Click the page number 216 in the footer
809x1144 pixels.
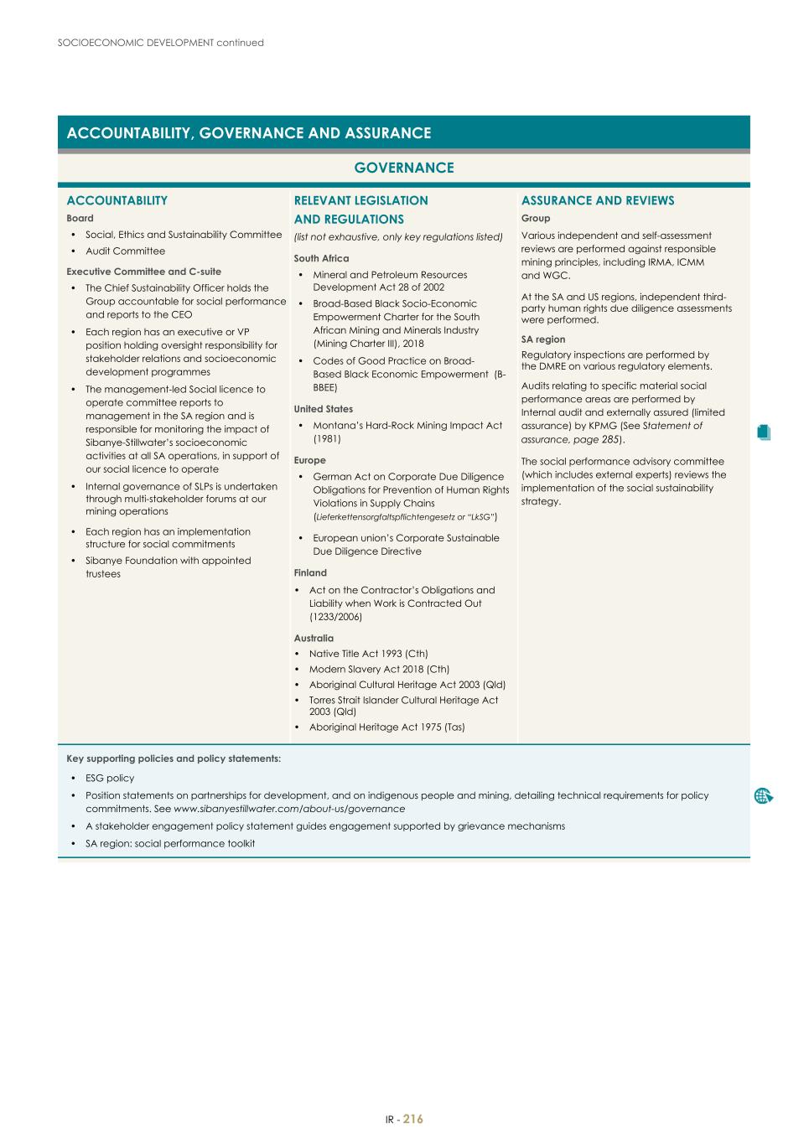pyautogui.click(x=413, y=1119)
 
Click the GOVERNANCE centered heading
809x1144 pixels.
pyautogui.click(x=403, y=168)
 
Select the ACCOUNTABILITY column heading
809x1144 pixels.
pyautogui.click(x=117, y=200)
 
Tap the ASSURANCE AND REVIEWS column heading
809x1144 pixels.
pyautogui.click(x=597, y=200)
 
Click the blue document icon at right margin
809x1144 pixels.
pyautogui.click(x=762, y=432)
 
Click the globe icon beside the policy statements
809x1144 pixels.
pyautogui.click(x=763, y=796)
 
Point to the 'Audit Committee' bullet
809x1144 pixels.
pyautogui.click(x=125, y=251)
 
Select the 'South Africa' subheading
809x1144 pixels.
pyautogui.click(x=321, y=259)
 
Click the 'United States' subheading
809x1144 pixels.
pyautogui.click(x=323, y=409)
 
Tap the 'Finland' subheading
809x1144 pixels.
pyautogui.click(x=310, y=573)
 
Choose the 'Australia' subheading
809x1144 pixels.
pyautogui.click(x=314, y=639)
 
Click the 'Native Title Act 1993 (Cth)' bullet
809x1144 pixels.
pyautogui.click(x=368, y=654)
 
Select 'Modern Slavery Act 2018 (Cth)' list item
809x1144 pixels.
pyautogui.click(x=379, y=670)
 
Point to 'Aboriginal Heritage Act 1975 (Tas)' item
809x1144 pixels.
pyautogui.click(x=386, y=727)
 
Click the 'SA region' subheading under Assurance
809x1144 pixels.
pyautogui.click(x=543, y=339)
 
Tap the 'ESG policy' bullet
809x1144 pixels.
pyautogui.click(x=110, y=779)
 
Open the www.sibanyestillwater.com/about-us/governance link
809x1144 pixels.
pyautogui.click(x=288, y=809)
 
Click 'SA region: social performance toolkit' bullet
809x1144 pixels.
pyautogui.click(x=170, y=844)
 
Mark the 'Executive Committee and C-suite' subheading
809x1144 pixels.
pyautogui.click(x=143, y=272)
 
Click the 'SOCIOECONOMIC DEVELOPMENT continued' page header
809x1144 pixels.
pyautogui.click(x=161, y=43)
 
